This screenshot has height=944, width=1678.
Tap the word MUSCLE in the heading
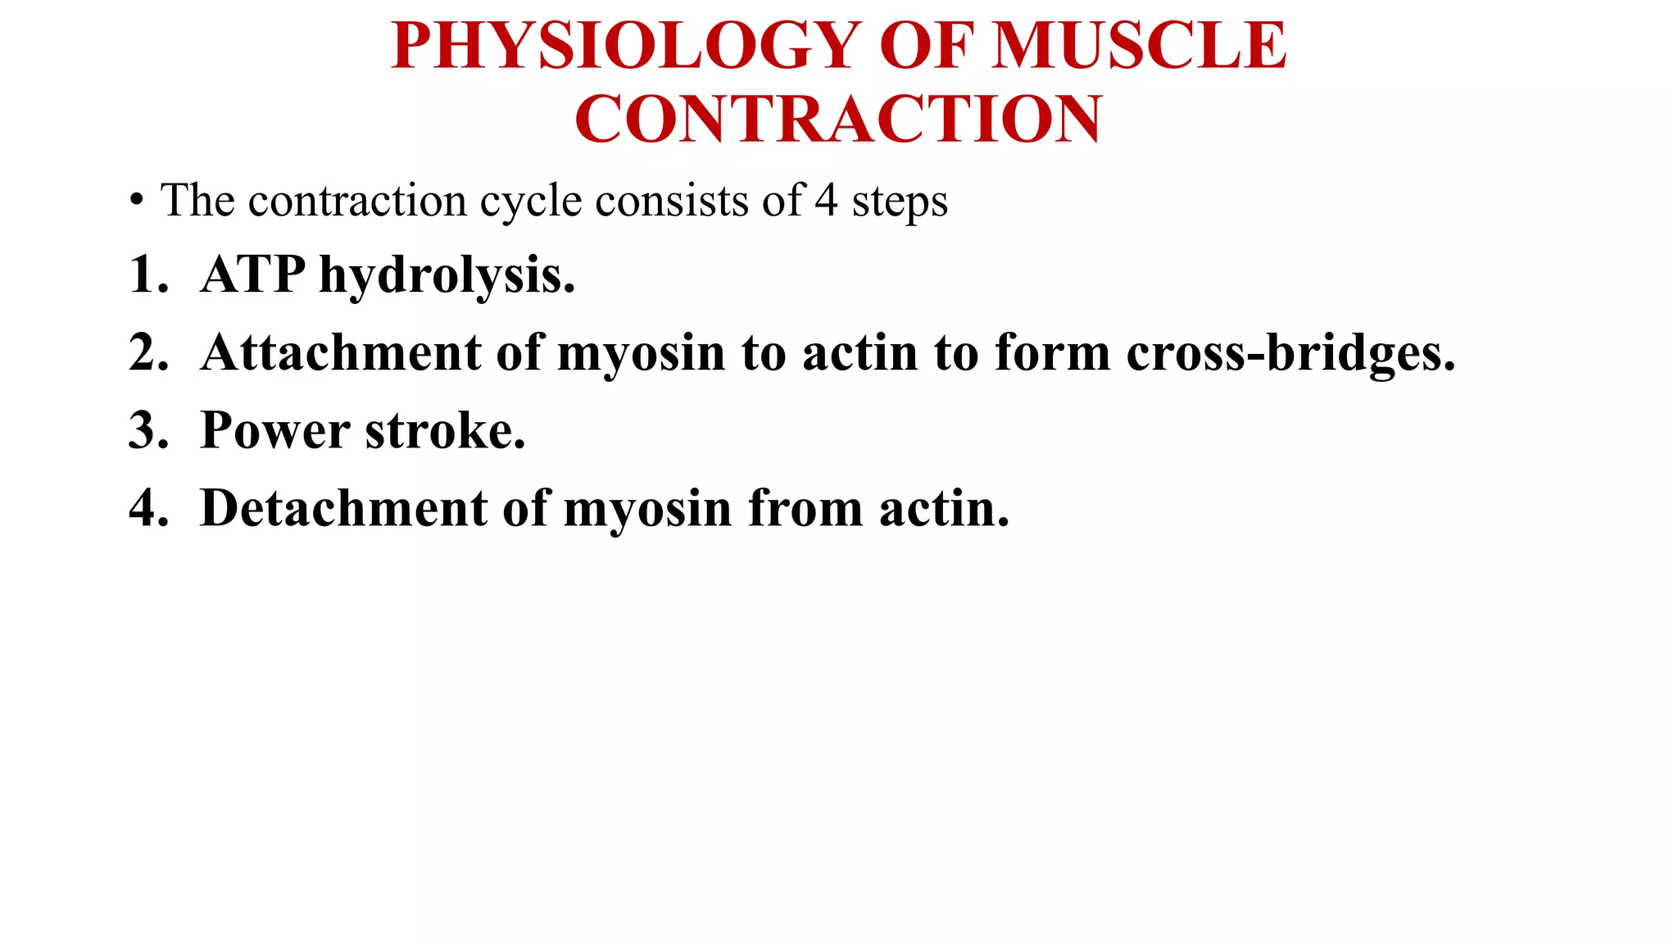coord(1139,46)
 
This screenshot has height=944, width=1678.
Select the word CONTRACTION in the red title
coord(838,120)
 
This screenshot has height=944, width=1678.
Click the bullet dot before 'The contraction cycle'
coord(136,201)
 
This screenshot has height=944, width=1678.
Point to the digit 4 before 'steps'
coord(826,201)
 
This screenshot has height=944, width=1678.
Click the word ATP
coord(252,275)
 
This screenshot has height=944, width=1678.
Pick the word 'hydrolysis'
coord(446,276)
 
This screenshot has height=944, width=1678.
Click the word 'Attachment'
coord(341,353)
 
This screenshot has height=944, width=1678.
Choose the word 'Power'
coord(275,431)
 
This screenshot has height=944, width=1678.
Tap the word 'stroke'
coord(443,431)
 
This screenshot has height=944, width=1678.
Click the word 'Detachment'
coord(344,509)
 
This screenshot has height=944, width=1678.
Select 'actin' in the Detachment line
coord(942,509)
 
